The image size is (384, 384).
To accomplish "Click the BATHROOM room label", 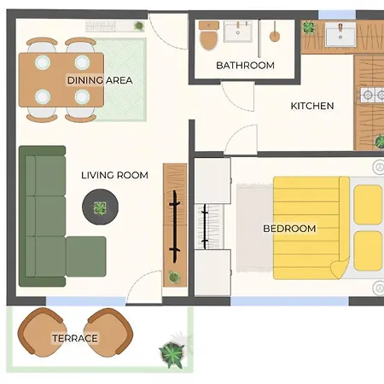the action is click(245, 66).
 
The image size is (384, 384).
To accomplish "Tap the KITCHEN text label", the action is click(312, 106).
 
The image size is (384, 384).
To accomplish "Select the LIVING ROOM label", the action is click(114, 175).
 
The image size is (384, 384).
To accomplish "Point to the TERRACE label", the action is click(75, 338).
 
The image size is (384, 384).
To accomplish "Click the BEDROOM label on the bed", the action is click(289, 229).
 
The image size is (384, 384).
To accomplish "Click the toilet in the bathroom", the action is click(209, 35).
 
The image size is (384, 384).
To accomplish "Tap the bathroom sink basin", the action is click(238, 32).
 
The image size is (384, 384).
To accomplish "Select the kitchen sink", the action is click(340, 34).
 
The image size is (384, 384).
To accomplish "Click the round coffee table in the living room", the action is click(100, 207).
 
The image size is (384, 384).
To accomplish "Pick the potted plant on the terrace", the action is click(172, 354).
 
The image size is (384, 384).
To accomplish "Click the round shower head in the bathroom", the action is click(275, 37).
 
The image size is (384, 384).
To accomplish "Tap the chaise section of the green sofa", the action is click(86, 257).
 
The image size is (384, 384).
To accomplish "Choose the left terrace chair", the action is click(42, 332).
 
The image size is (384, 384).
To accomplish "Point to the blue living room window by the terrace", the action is click(85, 301).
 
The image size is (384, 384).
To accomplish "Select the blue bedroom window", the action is click(289, 301).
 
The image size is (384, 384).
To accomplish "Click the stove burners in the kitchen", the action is click(372, 95).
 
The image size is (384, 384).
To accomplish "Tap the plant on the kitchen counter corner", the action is click(308, 27).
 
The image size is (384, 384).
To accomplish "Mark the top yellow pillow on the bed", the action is click(368, 205).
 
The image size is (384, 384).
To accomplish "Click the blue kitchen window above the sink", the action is click(337, 15).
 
